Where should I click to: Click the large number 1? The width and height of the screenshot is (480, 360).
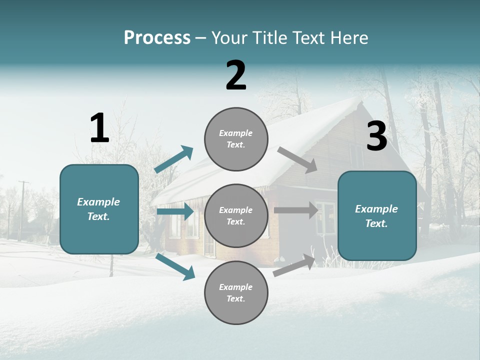click(x=99, y=128)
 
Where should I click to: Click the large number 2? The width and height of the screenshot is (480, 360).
click(x=236, y=75)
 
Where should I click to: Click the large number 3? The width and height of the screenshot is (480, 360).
click(x=376, y=136)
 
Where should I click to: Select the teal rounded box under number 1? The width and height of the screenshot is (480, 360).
click(x=99, y=209)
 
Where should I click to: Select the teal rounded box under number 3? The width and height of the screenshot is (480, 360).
click(x=377, y=215)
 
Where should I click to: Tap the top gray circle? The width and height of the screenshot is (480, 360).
click(x=236, y=139)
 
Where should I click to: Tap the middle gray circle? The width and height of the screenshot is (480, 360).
click(x=236, y=215)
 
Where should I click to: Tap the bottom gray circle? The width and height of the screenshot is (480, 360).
click(x=236, y=292)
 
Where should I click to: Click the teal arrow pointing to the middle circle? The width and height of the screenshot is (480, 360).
click(x=175, y=211)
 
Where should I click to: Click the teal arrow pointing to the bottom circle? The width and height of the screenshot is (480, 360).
click(x=175, y=266)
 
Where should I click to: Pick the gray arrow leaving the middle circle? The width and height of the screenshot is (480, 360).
click(x=296, y=210)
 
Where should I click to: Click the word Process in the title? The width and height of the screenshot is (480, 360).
click(x=157, y=37)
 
